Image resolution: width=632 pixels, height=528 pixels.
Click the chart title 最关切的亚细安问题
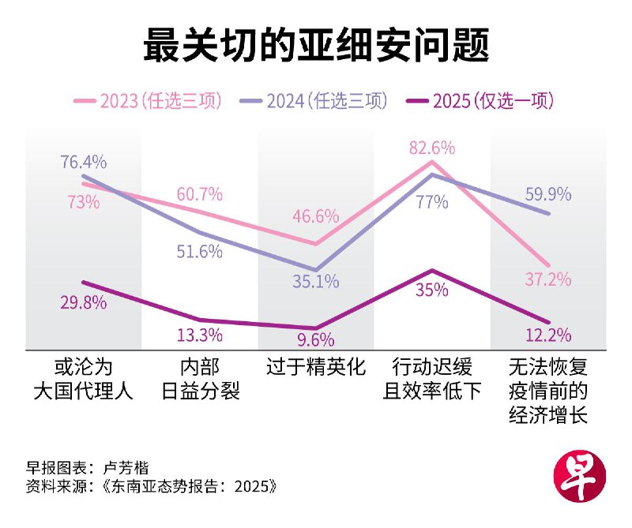click(316, 45)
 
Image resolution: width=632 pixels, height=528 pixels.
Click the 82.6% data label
click(432, 148)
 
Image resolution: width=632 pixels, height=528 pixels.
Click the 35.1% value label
click(315, 280)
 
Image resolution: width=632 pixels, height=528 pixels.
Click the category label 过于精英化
click(316, 368)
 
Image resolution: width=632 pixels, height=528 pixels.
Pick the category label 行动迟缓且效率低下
click(432, 379)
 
